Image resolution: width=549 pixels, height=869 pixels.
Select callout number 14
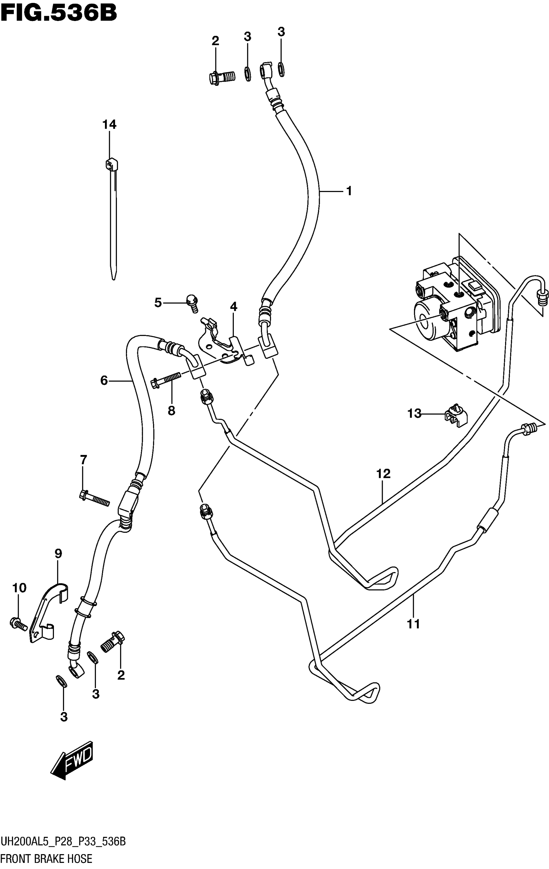(109, 125)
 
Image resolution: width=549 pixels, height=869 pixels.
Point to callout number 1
(349, 190)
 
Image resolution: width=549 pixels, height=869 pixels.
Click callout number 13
(414, 413)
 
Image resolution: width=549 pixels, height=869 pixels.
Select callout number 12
(384, 473)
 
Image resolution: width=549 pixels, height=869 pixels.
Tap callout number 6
(104, 380)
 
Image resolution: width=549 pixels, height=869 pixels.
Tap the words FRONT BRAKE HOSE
(46, 859)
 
